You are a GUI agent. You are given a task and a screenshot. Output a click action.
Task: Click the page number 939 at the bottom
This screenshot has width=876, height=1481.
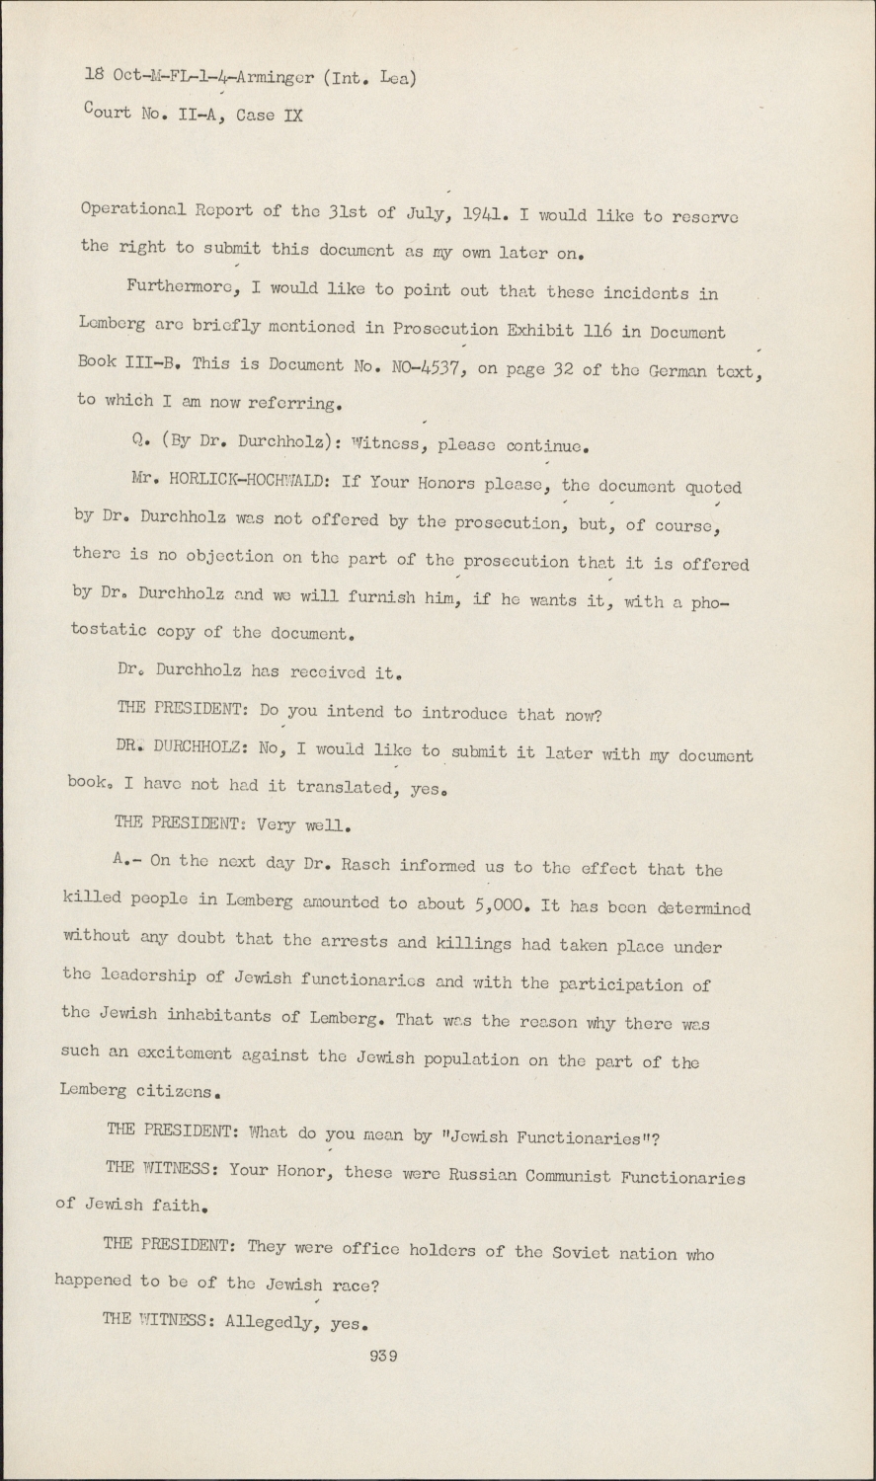[x=382, y=1356]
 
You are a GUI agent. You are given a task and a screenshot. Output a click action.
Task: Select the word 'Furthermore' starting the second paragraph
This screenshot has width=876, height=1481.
[x=179, y=288]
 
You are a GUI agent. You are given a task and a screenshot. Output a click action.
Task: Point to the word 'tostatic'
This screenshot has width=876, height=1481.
[x=110, y=631]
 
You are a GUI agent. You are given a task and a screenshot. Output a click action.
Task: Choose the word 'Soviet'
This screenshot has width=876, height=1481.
[x=585, y=1252]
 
